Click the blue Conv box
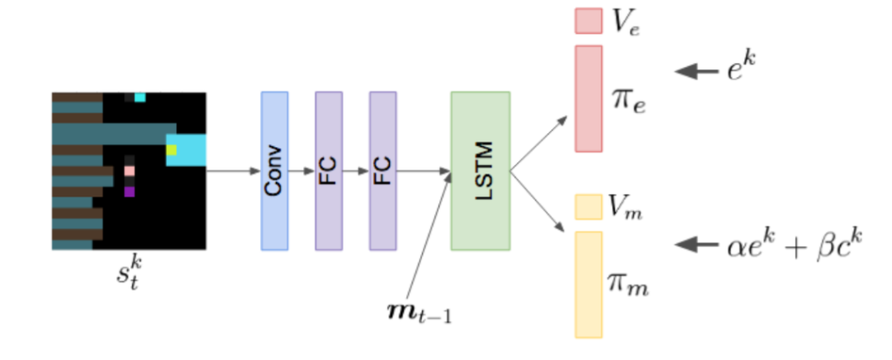click(x=274, y=170)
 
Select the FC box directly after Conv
click(x=328, y=170)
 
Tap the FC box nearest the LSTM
click(x=382, y=170)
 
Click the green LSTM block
click(x=480, y=170)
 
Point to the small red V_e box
click(x=588, y=21)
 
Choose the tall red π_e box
click(x=588, y=98)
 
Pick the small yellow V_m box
click(x=588, y=207)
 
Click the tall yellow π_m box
click(x=588, y=284)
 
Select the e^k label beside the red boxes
click(x=742, y=71)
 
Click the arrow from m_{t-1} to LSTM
click(x=429, y=239)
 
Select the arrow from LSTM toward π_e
click(x=539, y=144)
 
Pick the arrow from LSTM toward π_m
click(x=539, y=199)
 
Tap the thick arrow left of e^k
click(x=696, y=72)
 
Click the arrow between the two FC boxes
click(x=355, y=172)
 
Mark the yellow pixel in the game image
click(x=171, y=149)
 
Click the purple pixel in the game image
click(x=129, y=192)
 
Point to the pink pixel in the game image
click(x=129, y=171)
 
